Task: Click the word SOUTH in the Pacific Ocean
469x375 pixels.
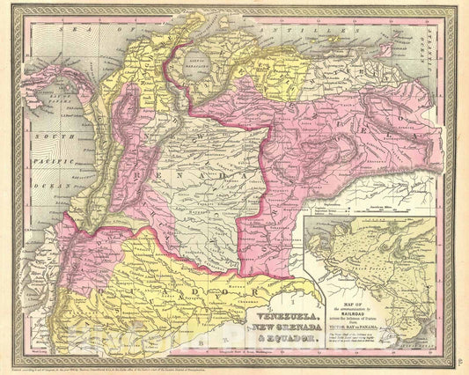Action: tap(39, 136)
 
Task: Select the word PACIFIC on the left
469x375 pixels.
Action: tap(40, 151)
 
